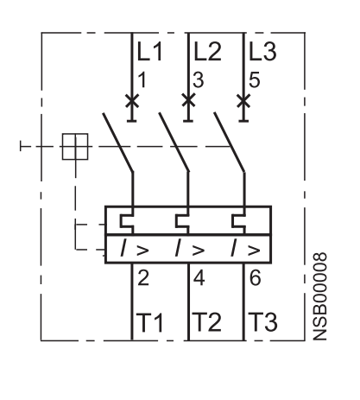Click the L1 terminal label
click(x=149, y=52)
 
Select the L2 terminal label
click(x=208, y=52)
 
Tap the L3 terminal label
click(x=262, y=52)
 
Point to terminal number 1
click(x=142, y=79)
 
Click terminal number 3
click(x=199, y=79)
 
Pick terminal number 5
click(x=255, y=79)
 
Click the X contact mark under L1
click(x=132, y=101)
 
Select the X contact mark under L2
click(x=188, y=100)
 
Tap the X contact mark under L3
click(x=243, y=101)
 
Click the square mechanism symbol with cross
click(x=75, y=147)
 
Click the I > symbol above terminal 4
click(x=190, y=248)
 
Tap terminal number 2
click(x=143, y=278)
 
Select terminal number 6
click(x=256, y=278)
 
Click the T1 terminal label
click(x=149, y=322)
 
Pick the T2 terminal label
click(x=206, y=322)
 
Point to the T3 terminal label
click(x=262, y=322)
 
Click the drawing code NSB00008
click(x=319, y=296)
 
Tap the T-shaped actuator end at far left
click(x=21, y=146)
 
